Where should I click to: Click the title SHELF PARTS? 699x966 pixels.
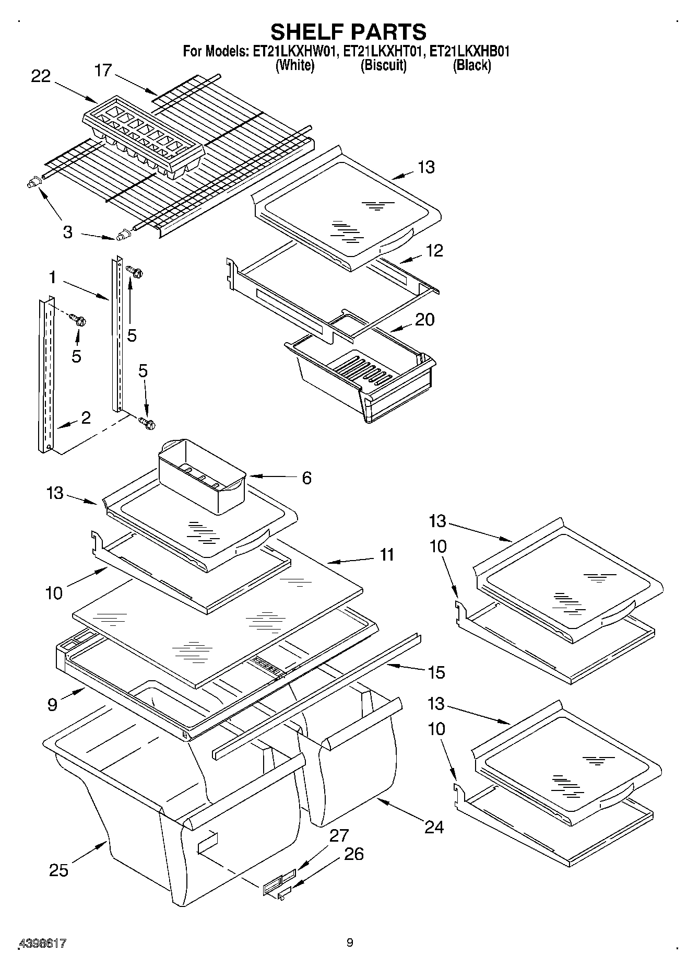348,32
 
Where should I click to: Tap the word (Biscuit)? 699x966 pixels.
383,65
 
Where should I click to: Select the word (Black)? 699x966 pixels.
472,65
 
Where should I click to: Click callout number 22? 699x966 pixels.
41,76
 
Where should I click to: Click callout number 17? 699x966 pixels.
103,70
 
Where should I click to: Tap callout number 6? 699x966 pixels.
306,478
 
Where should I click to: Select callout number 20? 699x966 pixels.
424,319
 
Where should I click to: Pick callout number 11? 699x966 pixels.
386,554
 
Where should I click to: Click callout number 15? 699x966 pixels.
436,672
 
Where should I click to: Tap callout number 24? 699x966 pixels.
434,827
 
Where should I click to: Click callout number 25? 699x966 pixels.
59,870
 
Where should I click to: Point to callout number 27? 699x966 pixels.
339,835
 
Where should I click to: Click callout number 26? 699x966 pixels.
353,854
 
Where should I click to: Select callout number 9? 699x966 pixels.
52,705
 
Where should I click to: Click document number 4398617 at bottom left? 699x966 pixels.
43,943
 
